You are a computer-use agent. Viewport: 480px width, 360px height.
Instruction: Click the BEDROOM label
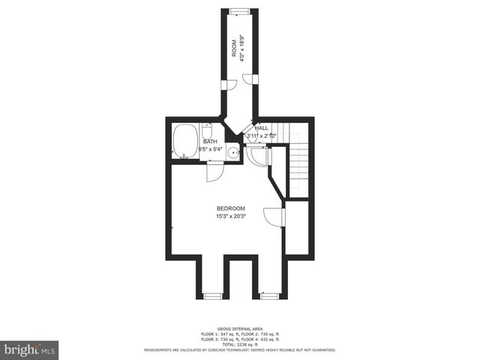coord(231,208)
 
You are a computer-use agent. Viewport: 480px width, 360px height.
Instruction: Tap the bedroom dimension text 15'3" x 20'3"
coord(231,217)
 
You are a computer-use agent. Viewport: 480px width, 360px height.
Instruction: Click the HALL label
coord(262,128)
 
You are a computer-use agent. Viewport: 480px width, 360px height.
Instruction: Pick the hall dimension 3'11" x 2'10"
coord(262,136)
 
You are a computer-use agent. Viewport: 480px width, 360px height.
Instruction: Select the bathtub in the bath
coord(184,140)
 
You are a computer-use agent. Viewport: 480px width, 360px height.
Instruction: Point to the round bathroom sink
coord(234,154)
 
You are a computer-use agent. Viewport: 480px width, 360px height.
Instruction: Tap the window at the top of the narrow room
coord(239,10)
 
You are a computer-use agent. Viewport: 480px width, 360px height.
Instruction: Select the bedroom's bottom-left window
coord(213,296)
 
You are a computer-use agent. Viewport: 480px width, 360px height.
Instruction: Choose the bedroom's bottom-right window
coord(269,296)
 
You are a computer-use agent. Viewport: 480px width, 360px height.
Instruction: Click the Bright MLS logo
coord(30,349)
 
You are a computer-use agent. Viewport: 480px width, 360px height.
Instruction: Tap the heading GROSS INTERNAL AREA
coord(239,328)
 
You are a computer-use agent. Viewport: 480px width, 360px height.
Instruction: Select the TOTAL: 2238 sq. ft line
coord(239,343)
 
